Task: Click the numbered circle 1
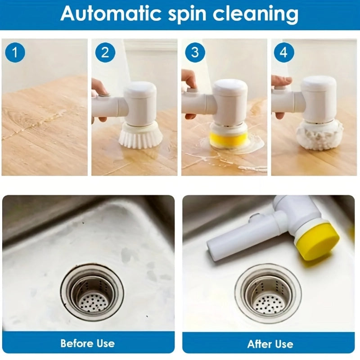pyautogui.click(x=15, y=53)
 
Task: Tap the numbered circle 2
pyautogui.click(x=105, y=53)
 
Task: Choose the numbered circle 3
pyautogui.click(x=194, y=53)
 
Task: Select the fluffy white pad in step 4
pyautogui.click(x=319, y=135)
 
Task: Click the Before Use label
pyautogui.click(x=88, y=343)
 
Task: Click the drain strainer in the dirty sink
pyautogui.click(x=92, y=292)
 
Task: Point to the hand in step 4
pyautogui.click(x=281, y=81)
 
